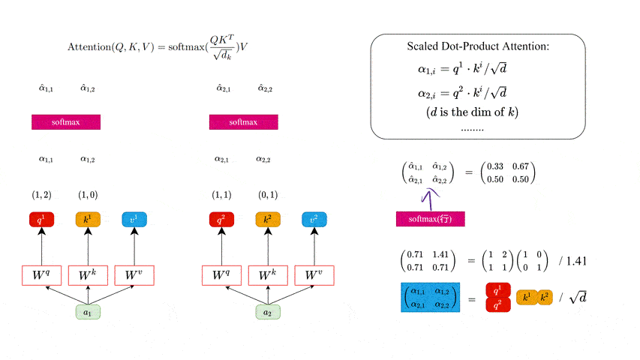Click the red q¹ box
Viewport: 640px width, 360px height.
[x=41, y=220]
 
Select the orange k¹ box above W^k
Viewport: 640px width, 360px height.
[x=88, y=220]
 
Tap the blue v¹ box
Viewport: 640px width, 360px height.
[x=134, y=220]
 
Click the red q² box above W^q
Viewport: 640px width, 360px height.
[x=221, y=220]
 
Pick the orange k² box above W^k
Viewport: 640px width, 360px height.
[x=266, y=220]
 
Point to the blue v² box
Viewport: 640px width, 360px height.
[x=314, y=220]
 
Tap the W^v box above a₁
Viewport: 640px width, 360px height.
[x=134, y=275]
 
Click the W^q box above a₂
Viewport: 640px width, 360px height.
[x=221, y=275]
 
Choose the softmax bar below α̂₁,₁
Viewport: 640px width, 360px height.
[x=66, y=121]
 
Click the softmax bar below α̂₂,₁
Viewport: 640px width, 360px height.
[x=244, y=121]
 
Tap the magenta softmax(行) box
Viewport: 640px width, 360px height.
[x=431, y=219]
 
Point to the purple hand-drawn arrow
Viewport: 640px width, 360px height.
[x=431, y=198]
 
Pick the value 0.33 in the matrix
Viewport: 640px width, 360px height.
[x=494, y=166]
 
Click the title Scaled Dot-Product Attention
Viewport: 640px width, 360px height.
[x=478, y=46]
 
